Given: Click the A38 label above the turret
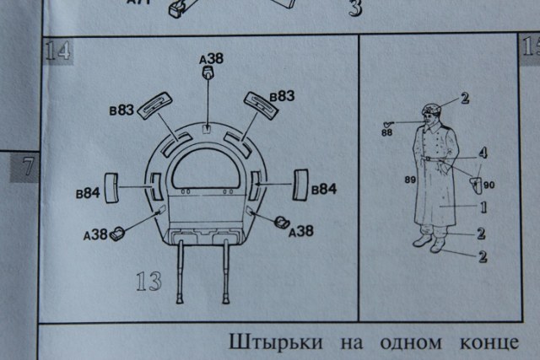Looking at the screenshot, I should click(210, 59).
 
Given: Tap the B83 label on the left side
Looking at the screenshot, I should click(121, 109).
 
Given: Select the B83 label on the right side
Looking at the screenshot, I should click(282, 97).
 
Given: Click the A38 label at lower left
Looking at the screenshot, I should click(95, 234).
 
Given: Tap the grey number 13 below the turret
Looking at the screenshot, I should click(148, 281).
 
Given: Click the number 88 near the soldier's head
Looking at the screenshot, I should click(387, 132).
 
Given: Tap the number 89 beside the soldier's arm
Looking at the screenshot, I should click(411, 180).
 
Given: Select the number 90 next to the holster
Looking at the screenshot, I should click(489, 185).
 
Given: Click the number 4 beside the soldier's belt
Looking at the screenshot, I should click(483, 153).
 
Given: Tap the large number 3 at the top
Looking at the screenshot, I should click(355, 10).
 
